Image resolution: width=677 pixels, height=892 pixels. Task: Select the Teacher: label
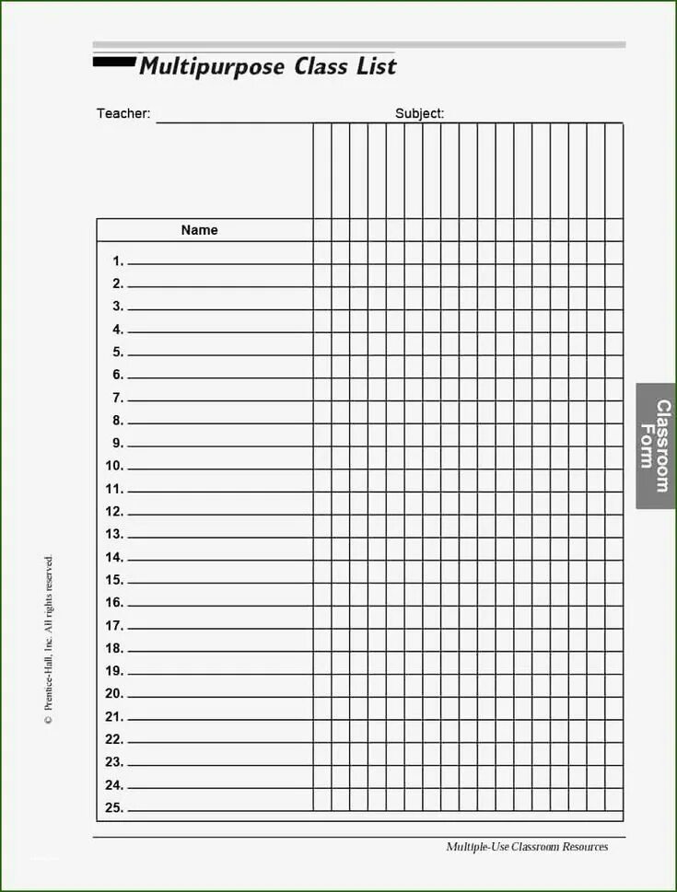[x=123, y=113]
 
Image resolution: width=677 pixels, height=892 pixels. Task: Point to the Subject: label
[x=419, y=113]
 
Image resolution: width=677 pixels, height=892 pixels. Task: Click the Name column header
[x=199, y=230]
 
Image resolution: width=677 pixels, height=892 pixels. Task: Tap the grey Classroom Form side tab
[x=656, y=446]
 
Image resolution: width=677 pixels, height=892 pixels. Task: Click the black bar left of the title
[x=113, y=63]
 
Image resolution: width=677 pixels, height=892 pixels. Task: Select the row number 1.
[x=118, y=261]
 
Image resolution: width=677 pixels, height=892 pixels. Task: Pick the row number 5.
[x=118, y=352]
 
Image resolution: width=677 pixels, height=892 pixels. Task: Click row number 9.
[x=118, y=443]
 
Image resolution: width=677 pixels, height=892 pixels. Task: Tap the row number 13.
[x=114, y=534]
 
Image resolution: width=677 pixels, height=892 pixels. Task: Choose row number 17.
[x=114, y=625]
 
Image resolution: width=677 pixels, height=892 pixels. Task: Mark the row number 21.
[x=114, y=716]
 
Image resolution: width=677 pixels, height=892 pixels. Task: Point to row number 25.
[x=114, y=807]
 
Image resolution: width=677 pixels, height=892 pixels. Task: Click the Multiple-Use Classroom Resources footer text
[x=527, y=847]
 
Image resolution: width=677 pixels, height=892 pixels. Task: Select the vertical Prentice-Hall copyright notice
[x=49, y=641]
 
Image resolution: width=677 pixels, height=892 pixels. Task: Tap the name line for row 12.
[x=219, y=516]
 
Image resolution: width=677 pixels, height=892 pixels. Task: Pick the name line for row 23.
[x=219, y=766]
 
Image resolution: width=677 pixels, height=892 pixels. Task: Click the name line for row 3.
[x=219, y=310]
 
